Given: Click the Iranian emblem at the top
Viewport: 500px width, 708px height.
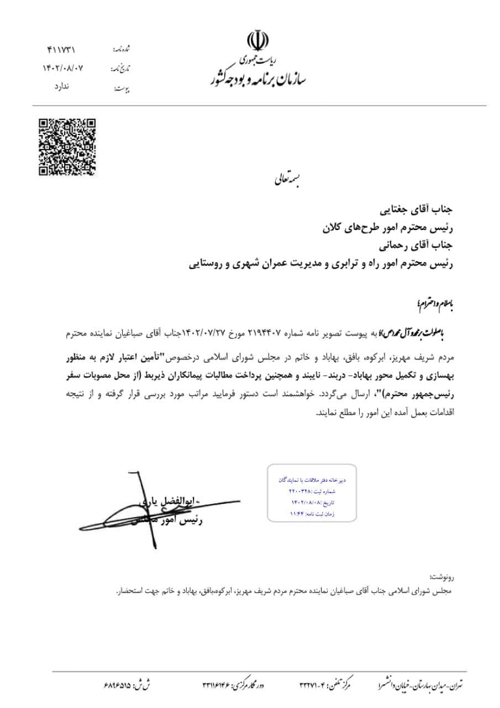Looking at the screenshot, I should pyautogui.click(x=258, y=42).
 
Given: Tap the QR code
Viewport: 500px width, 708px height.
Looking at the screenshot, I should pyautogui.click(x=67, y=147).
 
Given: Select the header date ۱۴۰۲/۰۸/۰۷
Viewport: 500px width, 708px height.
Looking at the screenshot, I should pyautogui.click(x=62, y=68).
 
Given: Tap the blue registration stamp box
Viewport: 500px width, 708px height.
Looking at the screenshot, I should pyautogui.click(x=312, y=493).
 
